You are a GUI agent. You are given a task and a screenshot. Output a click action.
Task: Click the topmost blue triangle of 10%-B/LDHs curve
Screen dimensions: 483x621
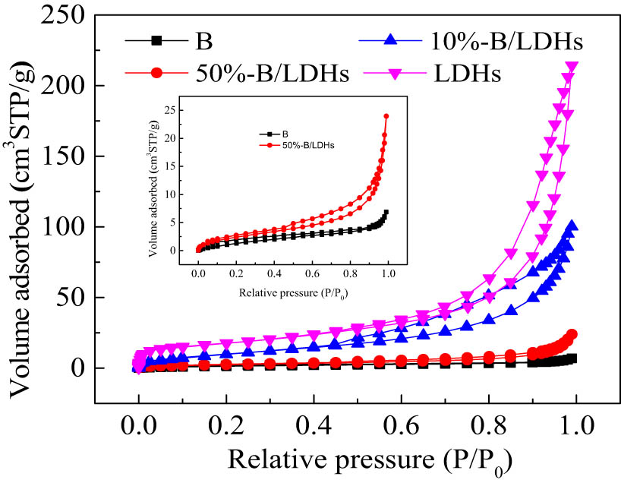point(572,226)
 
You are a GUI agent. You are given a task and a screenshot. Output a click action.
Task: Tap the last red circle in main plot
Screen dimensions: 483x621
point(572,334)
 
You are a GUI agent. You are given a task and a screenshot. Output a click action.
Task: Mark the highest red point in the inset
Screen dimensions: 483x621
point(386,116)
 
